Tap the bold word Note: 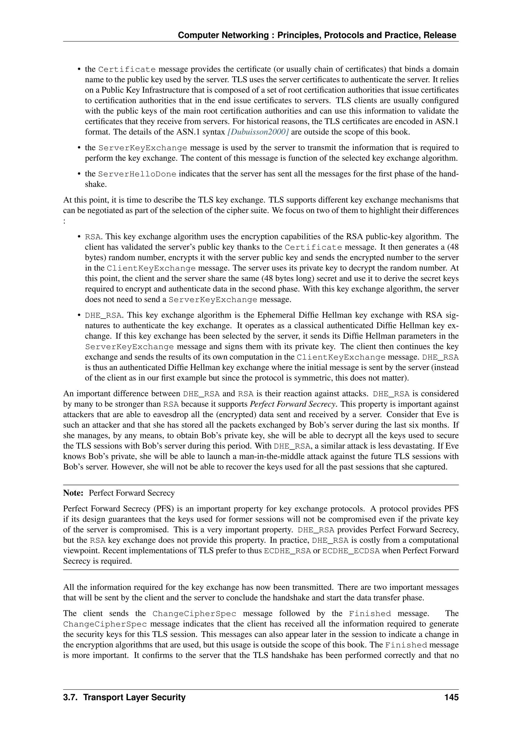[x=74, y=493]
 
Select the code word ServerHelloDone [x=137, y=174]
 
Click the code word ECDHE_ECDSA [x=351, y=551]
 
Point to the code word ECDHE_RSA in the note [x=287, y=551]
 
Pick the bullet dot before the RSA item [x=79, y=237]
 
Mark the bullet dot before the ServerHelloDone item [x=79, y=174]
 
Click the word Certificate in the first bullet [x=127, y=69]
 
